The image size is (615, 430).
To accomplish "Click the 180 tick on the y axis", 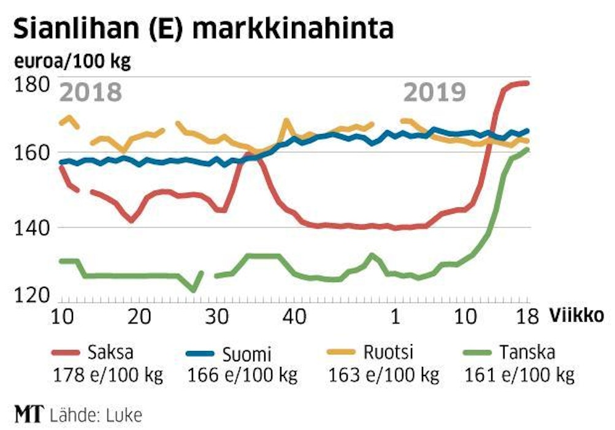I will coord(31,85).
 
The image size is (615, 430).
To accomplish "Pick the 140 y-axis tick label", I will coord(31,227).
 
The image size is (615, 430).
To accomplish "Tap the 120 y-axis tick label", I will coord(31,296).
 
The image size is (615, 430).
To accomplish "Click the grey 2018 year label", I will coord(90,93).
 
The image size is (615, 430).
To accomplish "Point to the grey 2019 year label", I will coord(435,92).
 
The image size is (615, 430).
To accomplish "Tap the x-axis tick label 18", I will coord(525,317).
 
